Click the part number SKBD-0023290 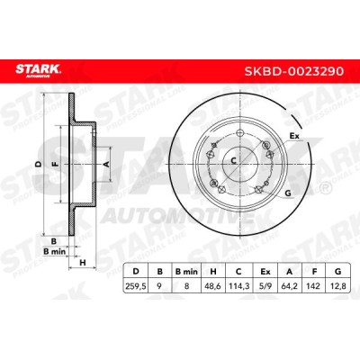coord(294,71)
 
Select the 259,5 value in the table coord(136,286)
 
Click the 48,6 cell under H coord(213,286)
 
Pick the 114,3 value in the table coord(238,286)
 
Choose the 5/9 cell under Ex coord(265,286)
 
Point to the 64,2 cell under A coord(290,286)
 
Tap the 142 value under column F coord(314,286)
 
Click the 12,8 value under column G coord(338,286)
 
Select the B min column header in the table coord(186,272)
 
